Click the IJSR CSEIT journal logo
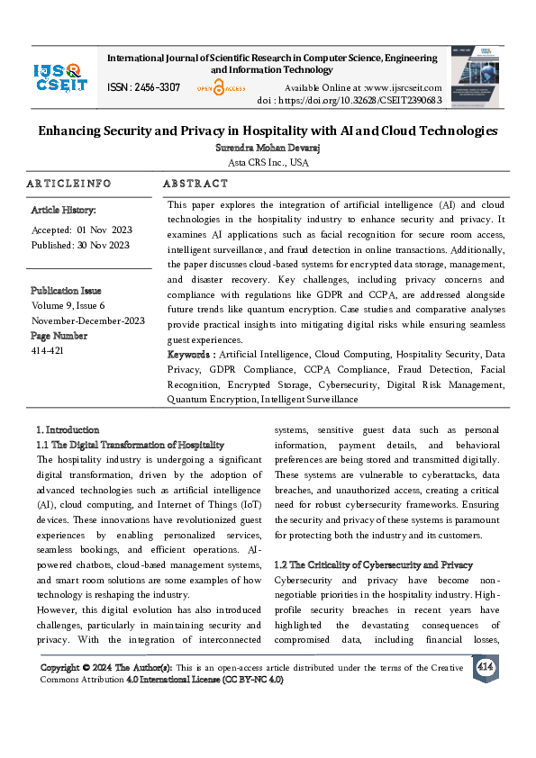[x=59, y=77]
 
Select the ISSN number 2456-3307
[x=143, y=87]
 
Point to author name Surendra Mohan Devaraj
[x=268, y=147]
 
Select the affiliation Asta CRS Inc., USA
[x=268, y=162]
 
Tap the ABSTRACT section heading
[x=195, y=183]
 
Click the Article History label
[x=63, y=210]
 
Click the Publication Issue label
[x=66, y=291]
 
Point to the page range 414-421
[x=46, y=351]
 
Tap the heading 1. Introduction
[x=68, y=429]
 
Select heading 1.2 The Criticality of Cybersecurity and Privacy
[x=373, y=564]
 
